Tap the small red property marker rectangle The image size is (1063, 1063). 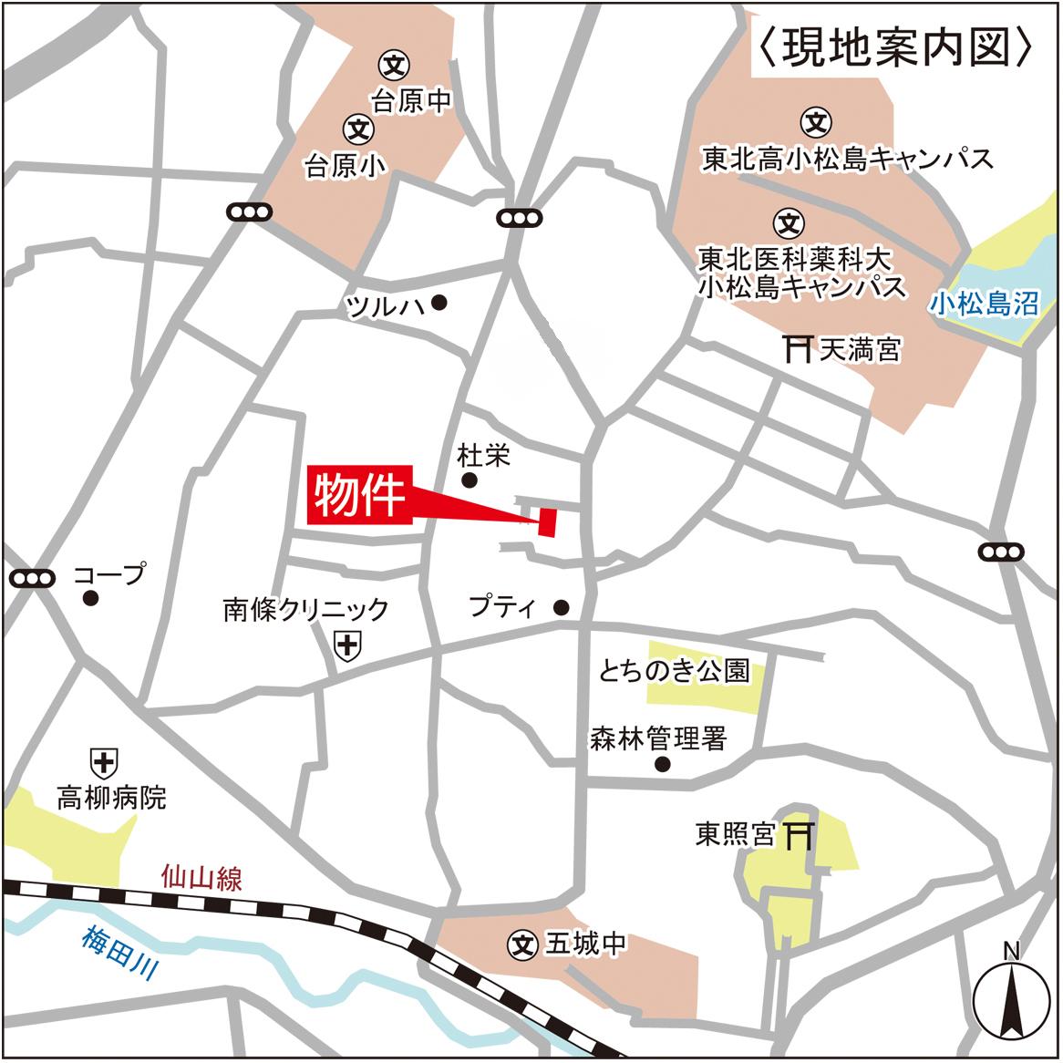tap(547, 521)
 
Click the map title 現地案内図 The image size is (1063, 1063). tap(895, 47)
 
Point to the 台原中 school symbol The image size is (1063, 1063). tap(395, 65)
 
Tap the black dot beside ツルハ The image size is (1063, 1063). tap(440, 303)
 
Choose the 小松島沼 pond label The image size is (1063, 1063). tap(985, 304)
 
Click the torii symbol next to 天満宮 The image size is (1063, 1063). tap(798, 348)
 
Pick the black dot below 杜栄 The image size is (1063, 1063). tap(470, 480)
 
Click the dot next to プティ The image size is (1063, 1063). tap(562, 607)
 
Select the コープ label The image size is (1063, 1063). tap(109, 574)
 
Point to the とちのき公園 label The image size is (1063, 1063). tap(674, 672)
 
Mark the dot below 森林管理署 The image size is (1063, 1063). tap(663, 765)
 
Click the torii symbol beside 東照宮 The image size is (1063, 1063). tap(800, 834)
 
